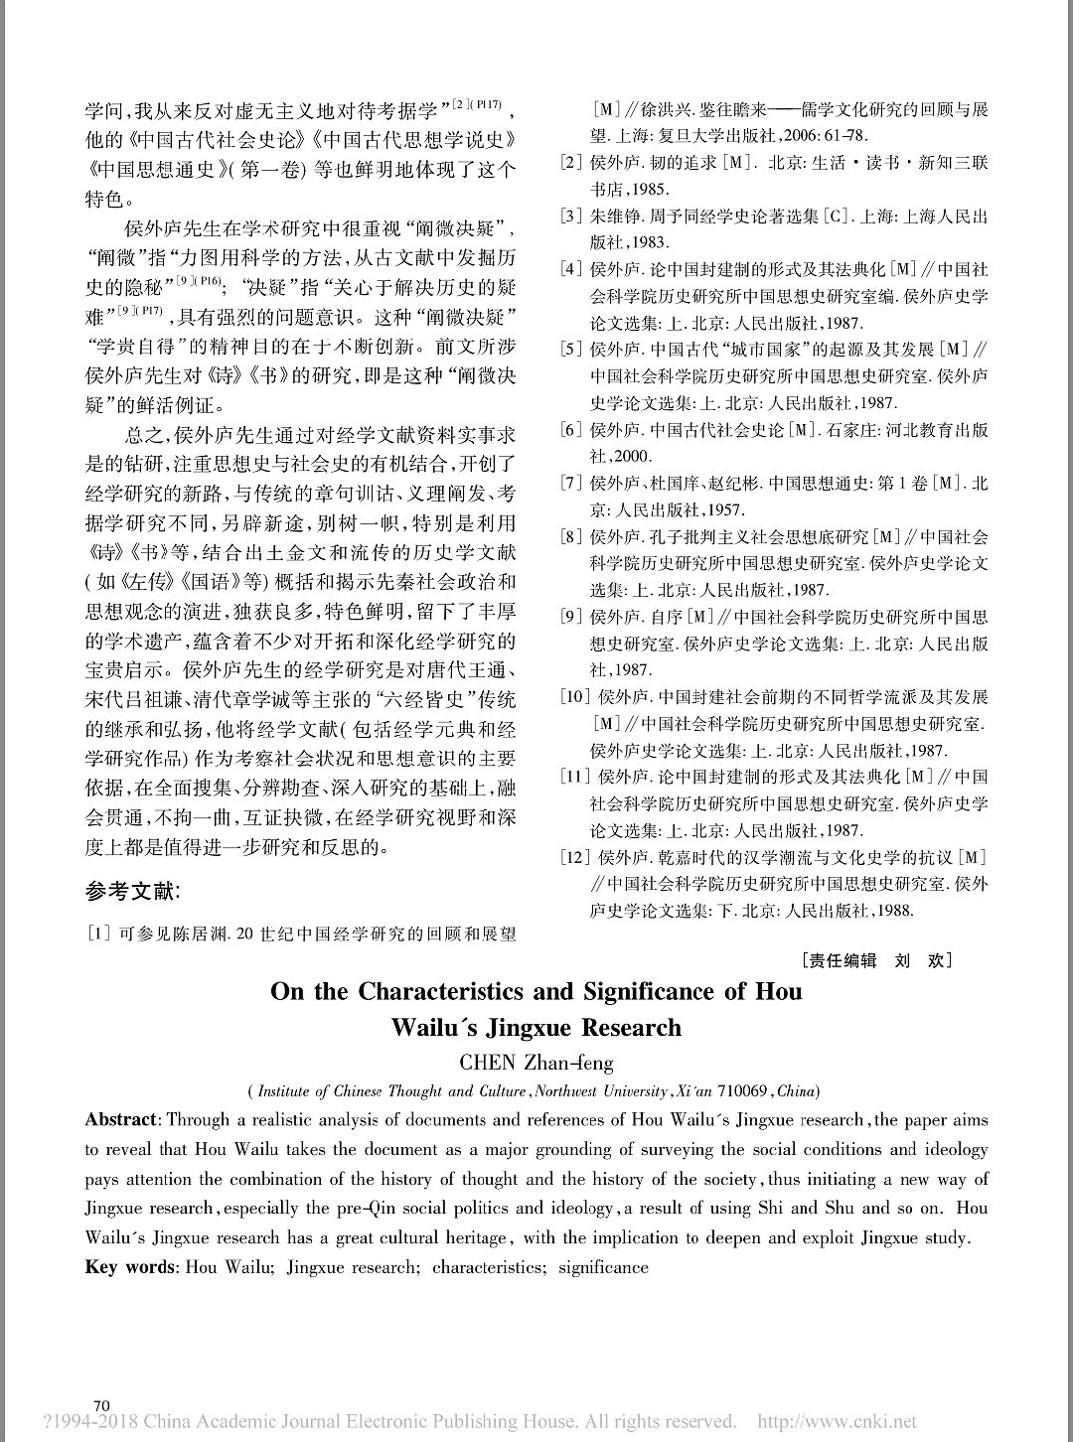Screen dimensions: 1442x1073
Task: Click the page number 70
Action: pyautogui.click(x=100, y=1405)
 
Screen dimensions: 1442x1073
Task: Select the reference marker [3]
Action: pyautogui.click(x=571, y=216)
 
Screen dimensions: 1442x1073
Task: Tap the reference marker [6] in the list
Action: pyautogui.click(x=571, y=430)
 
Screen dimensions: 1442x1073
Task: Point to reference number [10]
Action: pyautogui.click(x=576, y=697)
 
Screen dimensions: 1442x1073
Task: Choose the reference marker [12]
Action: pyautogui.click(x=577, y=857)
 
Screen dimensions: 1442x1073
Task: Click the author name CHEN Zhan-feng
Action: pyautogui.click(x=536, y=1061)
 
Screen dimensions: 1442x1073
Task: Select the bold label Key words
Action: pyautogui.click(x=129, y=1267)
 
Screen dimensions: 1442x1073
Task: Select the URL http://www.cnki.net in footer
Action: pyautogui.click(x=838, y=1422)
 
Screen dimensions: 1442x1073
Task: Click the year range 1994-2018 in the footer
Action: pyautogui.click(x=90, y=1422)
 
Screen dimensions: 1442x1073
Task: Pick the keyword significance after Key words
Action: pyautogui.click(x=603, y=1267)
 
